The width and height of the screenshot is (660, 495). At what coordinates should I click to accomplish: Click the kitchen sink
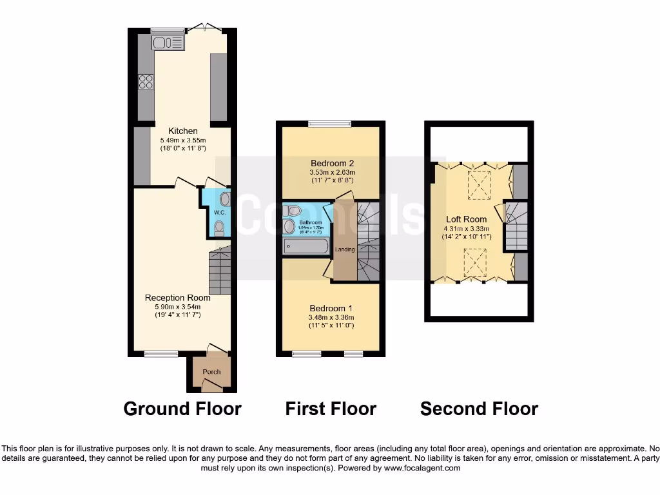[x=168, y=43]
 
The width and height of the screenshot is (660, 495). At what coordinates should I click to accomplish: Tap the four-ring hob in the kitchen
[x=146, y=81]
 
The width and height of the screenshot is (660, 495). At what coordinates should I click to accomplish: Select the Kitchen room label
[x=183, y=131]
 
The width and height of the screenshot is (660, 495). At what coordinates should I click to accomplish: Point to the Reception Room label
[x=177, y=298]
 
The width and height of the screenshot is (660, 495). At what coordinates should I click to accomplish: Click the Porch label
[x=211, y=372]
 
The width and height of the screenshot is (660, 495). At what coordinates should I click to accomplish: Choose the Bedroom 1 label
[x=331, y=308]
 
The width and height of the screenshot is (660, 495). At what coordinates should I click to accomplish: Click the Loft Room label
[x=466, y=219]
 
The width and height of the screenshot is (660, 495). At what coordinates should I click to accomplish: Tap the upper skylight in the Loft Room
[x=478, y=184]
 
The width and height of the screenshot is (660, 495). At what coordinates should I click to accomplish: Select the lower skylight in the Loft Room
[x=475, y=263]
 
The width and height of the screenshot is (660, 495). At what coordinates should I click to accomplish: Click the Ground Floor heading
[x=182, y=409]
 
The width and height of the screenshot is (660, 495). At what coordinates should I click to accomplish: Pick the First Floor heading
[x=331, y=409]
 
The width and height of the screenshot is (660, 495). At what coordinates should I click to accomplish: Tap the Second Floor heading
[x=479, y=409]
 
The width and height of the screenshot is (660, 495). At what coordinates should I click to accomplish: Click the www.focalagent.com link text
[x=422, y=468]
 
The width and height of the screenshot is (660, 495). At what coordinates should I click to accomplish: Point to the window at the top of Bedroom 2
[x=329, y=124]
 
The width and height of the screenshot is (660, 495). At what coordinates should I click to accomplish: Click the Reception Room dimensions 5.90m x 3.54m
[x=177, y=307]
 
